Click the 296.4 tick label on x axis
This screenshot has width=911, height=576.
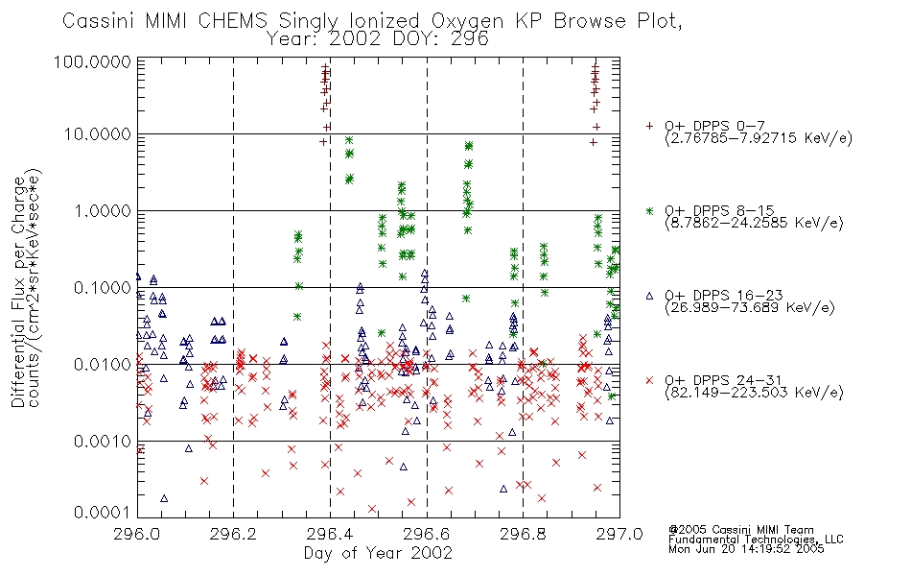click(x=330, y=534)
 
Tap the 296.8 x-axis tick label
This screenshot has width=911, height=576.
click(x=523, y=534)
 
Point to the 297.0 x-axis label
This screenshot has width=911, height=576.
click(x=619, y=534)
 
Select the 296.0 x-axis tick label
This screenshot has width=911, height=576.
click(x=137, y=534)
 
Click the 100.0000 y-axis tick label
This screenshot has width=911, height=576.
click(x=92, y=61)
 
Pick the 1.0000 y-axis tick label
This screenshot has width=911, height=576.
click(x=103, y=210)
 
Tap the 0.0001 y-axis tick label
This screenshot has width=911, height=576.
click(x=103, y=512)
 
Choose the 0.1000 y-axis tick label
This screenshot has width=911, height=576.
click(x=103, y=287)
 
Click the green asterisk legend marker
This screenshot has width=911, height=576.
click(x=649, y=210)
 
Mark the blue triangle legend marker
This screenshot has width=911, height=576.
click(x=649, y=296)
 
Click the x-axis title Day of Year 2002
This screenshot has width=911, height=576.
click(x=378, y=553)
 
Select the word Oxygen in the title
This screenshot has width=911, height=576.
click(x=468, y=21)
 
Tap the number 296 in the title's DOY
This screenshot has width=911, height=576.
click(x=470, y=39)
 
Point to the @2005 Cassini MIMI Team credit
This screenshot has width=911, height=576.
click(x=741, y=530)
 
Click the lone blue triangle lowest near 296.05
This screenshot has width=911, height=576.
click(x=164, y=498)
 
